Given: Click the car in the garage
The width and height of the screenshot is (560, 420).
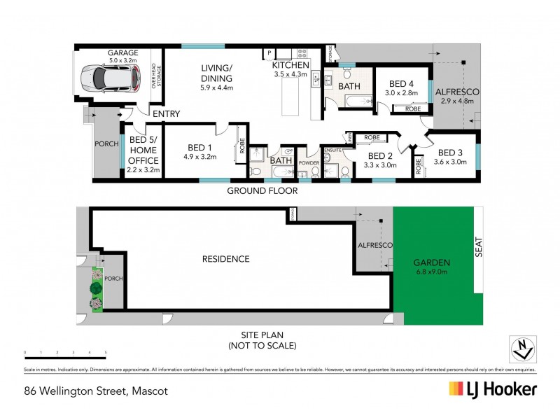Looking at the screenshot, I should click(x=106, y=78).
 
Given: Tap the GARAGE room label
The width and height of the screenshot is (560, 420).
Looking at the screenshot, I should click(x=122, y=53).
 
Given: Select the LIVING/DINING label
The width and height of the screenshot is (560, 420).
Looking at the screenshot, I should click(x=216, y=73).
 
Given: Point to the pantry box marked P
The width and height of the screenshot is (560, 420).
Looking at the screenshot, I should click(x=268, y=53).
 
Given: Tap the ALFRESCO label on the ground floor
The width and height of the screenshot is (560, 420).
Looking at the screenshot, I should click(x=456, y=92).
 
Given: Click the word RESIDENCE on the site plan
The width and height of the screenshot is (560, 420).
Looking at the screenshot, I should click(x=225, y=259).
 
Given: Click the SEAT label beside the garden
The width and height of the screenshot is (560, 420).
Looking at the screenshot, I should click(x=479, y=246).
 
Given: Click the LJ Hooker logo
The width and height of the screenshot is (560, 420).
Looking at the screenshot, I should click(x=493, y=389).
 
